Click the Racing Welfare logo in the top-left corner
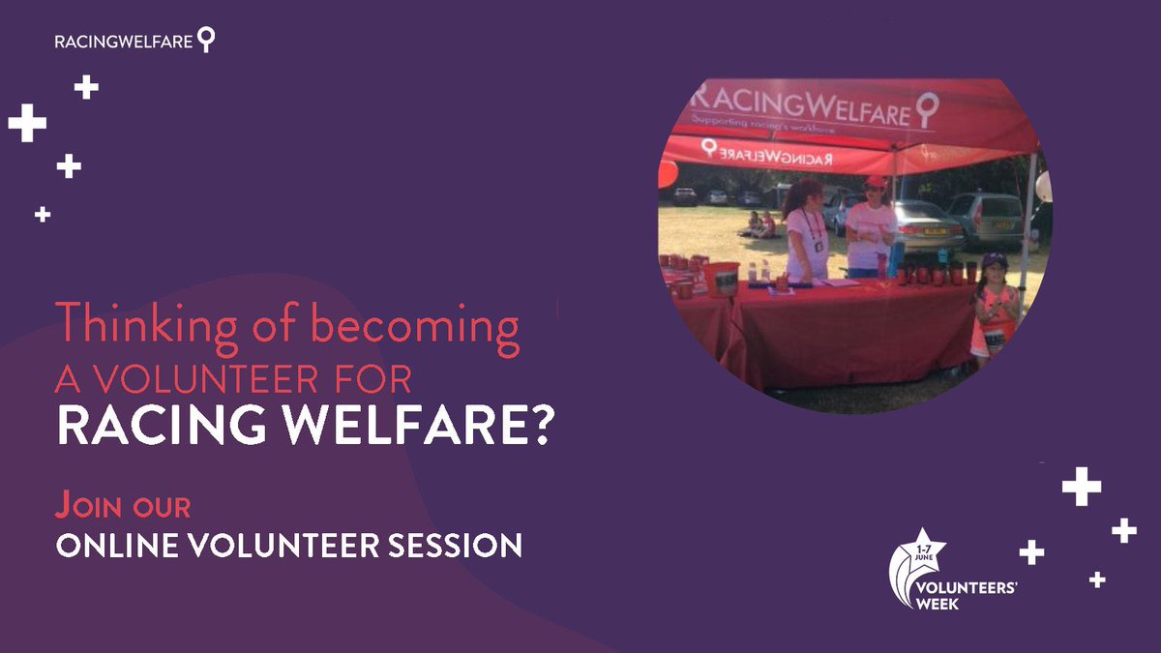(x=135, y=41)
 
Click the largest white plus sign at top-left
(x=27, y=123)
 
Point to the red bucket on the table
(x=722, y=279)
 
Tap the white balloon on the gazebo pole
(x=1042, y=187)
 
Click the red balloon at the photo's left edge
(x=667, y=174)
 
